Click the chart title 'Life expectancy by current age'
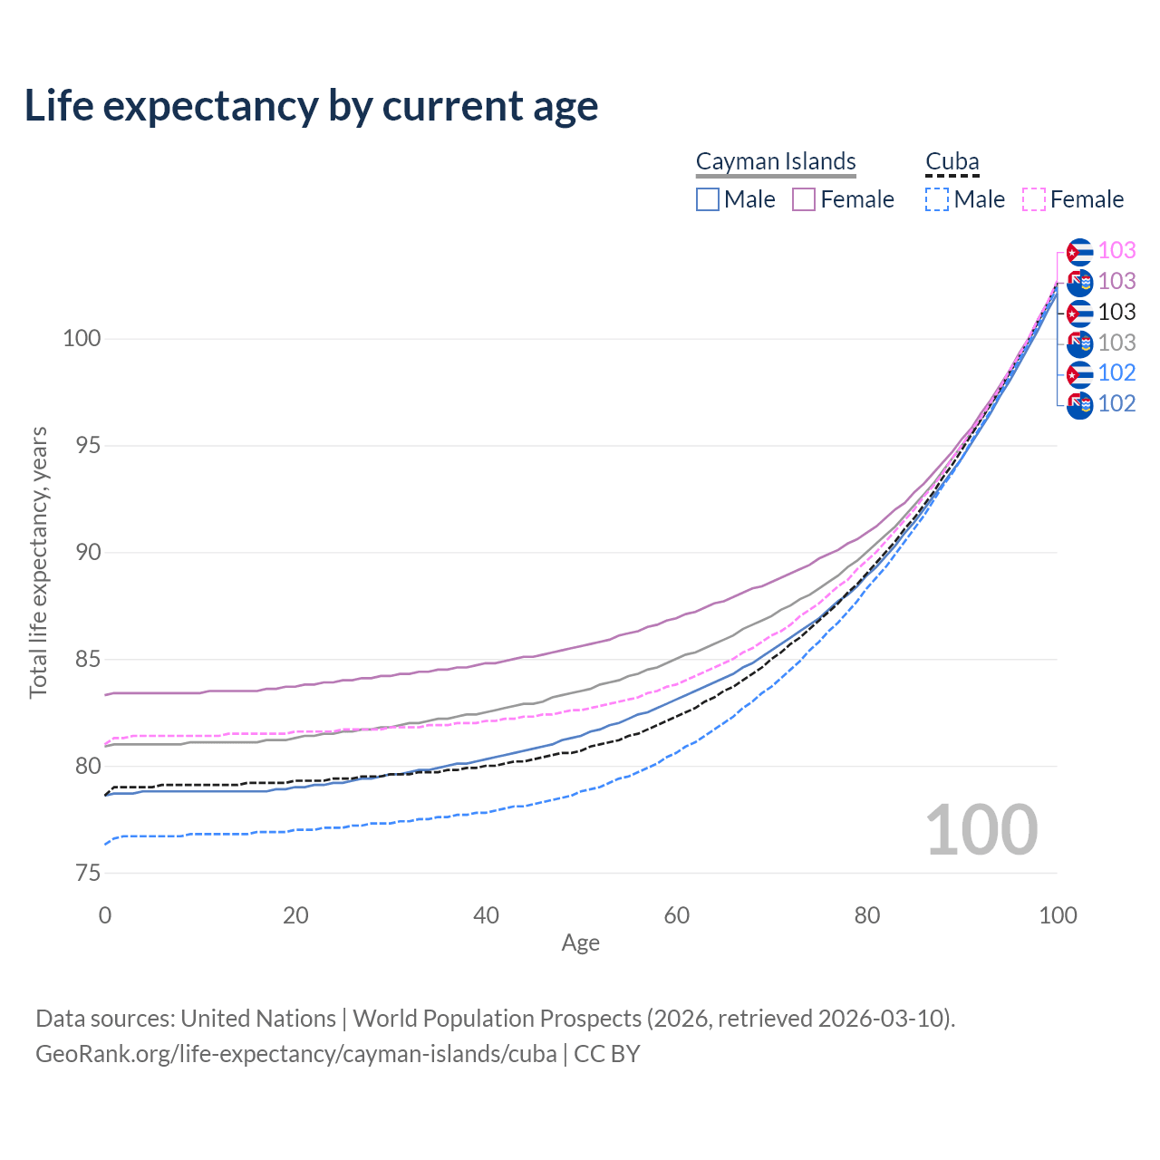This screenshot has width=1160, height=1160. tap(311, 106)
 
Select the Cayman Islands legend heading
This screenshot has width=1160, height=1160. tap(776, 161)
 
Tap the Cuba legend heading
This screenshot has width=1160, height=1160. tap(952, 161)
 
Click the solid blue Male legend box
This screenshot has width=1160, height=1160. tap(708, 199)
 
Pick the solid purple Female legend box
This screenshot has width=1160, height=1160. tap(804, 199)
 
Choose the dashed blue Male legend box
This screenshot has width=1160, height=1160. tap(937, 199)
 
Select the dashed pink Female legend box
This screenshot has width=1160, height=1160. tap(1034, 199)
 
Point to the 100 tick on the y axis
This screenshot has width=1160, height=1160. tap(82, 339)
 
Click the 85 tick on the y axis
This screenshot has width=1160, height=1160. tap(87, 660)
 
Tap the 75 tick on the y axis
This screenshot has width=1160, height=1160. tap(87, 874)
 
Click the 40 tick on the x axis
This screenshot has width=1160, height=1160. tap(487, 915)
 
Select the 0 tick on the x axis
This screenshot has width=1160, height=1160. tap(105, 915)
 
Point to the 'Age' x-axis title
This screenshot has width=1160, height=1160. tap(580, 943)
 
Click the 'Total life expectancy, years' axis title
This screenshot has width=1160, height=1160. tap(38, 562)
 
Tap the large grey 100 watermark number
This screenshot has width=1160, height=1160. tap(981, 830)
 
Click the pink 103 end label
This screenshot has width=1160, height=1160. tap(1116, 251)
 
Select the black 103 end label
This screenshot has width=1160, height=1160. tap(1116, 313)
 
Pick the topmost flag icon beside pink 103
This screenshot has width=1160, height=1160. tap(1079, 252)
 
